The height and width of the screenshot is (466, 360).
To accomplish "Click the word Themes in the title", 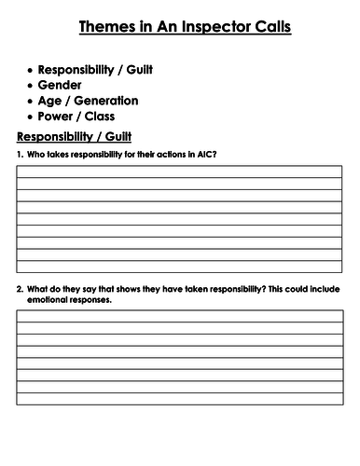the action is [104, 27].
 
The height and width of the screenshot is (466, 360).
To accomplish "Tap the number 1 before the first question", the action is [20, 154].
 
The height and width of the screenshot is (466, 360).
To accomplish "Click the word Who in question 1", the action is [39, 154].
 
